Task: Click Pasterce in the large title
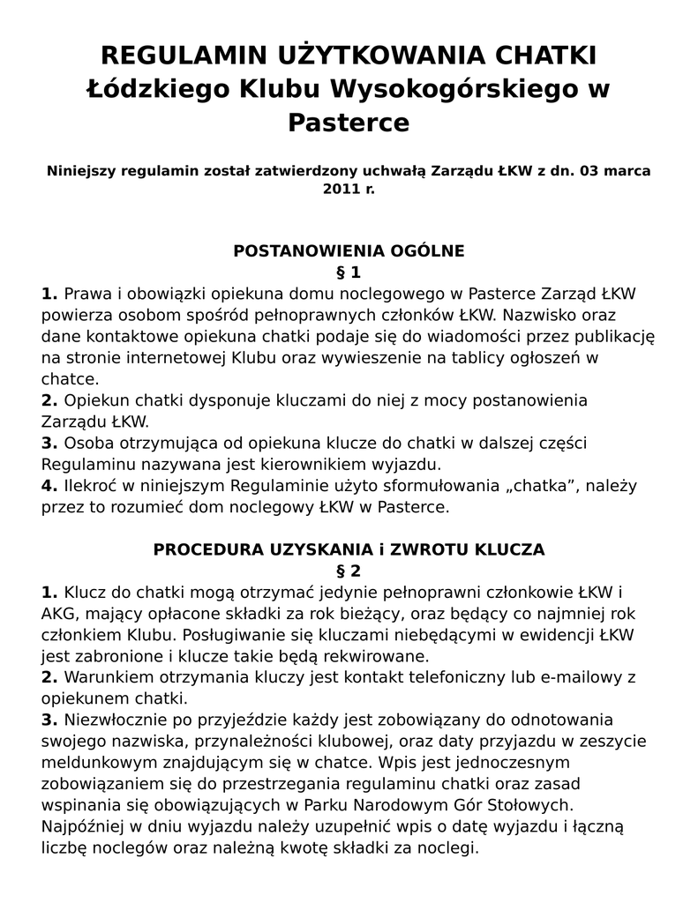pos(349,123)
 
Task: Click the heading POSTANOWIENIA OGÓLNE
pos(349,250)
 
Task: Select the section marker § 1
pos(349,272)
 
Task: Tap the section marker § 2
pos(349,570)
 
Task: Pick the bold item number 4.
pos(49,486)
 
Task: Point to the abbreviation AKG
pos(57,613)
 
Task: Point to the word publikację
pos(604,336)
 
